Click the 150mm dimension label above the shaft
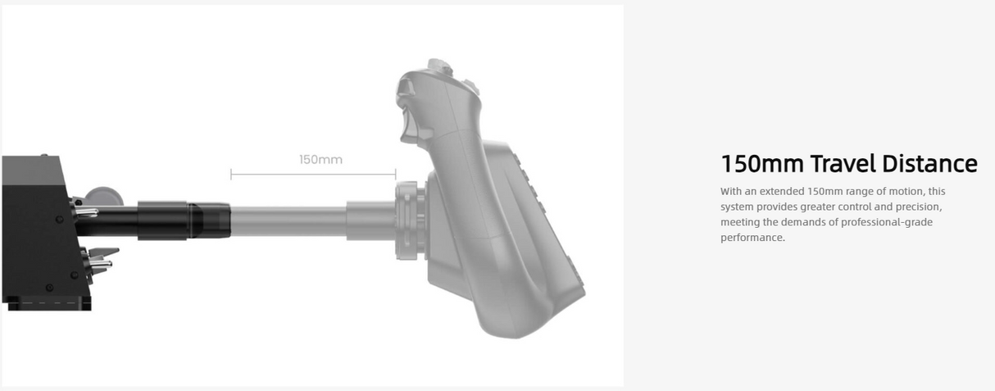click(x=320, y=159)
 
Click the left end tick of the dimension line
click(x=231, y=174)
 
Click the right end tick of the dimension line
click(x=396, y=174)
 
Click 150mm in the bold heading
click(x=761, y=164)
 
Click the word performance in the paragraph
click(x=752, y=238)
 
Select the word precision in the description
click(x=915, y=207)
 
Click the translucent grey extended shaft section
click(x=287, y=221)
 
